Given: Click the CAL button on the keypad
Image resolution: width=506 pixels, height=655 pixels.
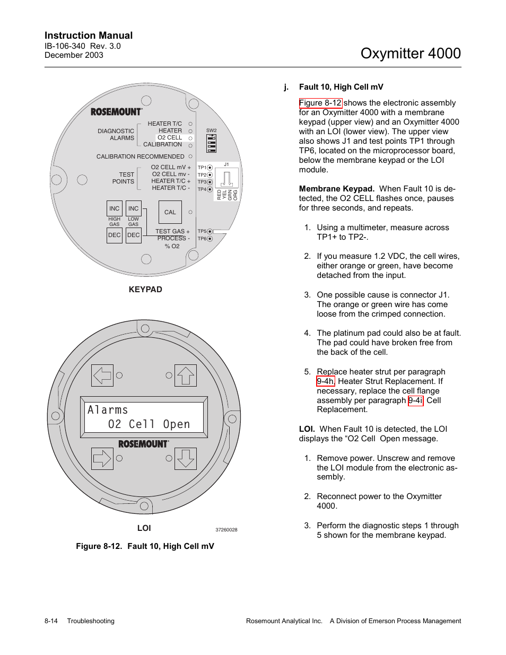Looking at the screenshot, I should click(x=170, y=212).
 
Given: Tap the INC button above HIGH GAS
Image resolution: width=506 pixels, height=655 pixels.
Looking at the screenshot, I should click(x=115, y=208).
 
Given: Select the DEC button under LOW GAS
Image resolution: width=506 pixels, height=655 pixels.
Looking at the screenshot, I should click(x=134, y=235).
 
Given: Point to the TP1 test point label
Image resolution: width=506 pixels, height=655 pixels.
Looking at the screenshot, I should click(x=202, y=168).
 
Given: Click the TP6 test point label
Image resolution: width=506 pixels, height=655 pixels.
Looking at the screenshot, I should click(x=202, y=239).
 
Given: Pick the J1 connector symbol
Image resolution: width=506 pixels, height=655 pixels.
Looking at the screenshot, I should click(x=226, y=178).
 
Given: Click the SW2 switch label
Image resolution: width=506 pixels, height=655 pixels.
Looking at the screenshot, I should click(x=211, y=130).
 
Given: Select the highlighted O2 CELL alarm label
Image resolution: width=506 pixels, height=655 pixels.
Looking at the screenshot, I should click(x=170, y=137).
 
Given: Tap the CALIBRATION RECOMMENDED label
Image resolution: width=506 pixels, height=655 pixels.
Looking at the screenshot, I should click(x=140, y=156).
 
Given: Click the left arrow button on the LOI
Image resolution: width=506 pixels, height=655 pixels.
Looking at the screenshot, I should click(x=102, y=375).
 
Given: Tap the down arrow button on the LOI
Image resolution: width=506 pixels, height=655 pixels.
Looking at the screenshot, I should click(x=186, y=458).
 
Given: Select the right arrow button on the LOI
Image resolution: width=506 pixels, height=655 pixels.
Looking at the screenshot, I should click(x=102, y=458).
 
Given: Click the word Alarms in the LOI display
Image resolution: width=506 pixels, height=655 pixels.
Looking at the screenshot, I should click(x=108, y=410).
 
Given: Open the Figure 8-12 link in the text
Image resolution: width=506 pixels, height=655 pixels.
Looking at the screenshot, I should click(x=320, y=103).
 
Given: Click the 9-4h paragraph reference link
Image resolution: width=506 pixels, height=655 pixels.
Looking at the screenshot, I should click(x=326, y=381).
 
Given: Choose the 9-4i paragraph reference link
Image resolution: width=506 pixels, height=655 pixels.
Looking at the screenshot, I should click(x=416, y=400).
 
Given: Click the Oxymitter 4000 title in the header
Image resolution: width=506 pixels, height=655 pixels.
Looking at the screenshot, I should click(x=410, y=53).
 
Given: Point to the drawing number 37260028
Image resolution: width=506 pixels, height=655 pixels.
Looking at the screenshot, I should click(x=226, y=530).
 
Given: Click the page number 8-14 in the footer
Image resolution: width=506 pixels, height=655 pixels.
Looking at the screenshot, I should click(x=51, y=621).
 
